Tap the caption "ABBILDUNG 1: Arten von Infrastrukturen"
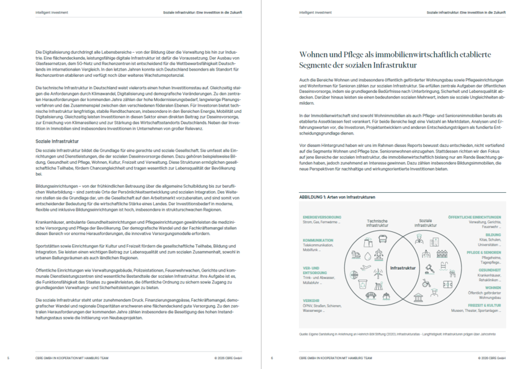coord(337,197)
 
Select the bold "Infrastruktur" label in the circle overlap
coord(403,268)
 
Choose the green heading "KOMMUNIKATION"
coord(318,240)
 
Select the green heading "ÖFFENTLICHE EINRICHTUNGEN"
coord(475,217)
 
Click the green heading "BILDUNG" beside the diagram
coord(494,235)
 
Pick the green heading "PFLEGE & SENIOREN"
coord(484,253)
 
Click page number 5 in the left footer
coord(8,358)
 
